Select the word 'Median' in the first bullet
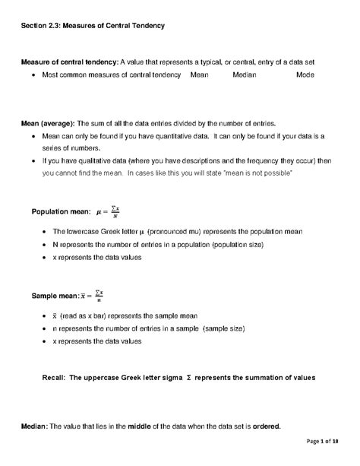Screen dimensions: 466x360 click(x=244, y=75)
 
